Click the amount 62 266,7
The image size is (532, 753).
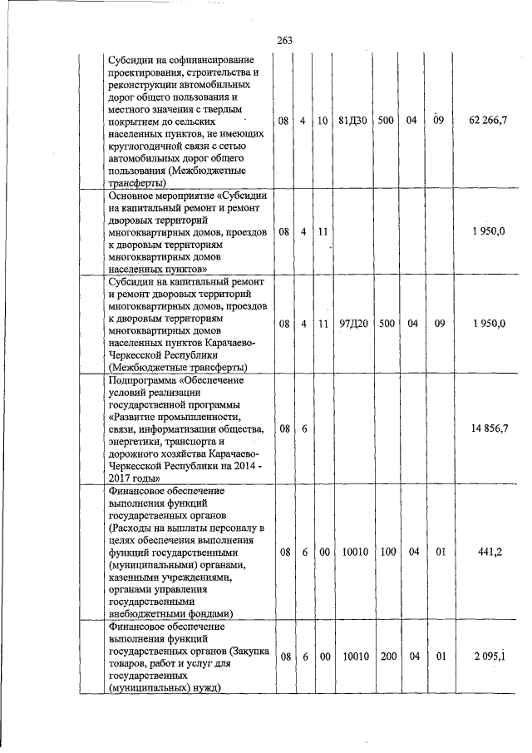coord(488,121)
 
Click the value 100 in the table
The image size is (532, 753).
coord(386,551)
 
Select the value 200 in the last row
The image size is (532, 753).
coord(386,656)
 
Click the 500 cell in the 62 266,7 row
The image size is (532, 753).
coord(386,121)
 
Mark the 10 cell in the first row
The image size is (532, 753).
coord(323,121)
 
